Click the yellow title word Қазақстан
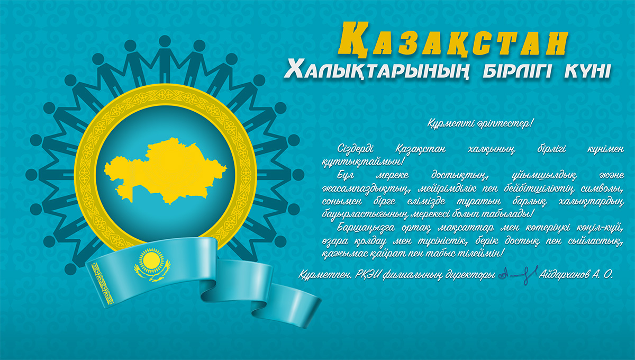(453, 40)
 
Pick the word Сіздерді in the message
(356, 149)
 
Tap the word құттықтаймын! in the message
(362, 162)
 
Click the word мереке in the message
(392, 175)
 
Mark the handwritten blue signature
(518, 274)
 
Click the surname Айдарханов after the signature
(564, 274)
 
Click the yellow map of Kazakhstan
(165, 171)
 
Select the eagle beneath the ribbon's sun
(152, 272)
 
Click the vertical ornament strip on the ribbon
(102, 284)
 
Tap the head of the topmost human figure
(165, 41)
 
